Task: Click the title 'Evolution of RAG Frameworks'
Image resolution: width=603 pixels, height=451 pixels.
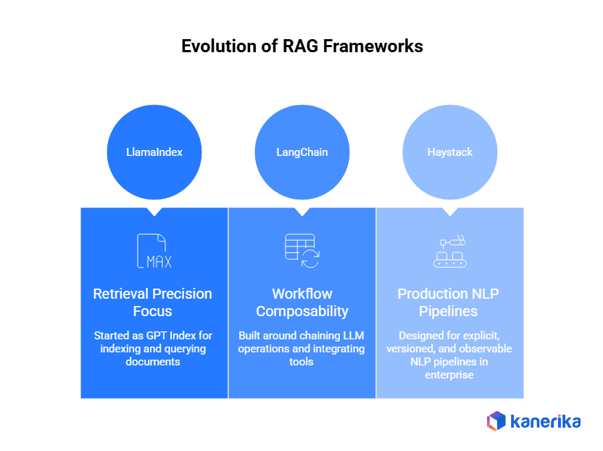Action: (x=301, y=46)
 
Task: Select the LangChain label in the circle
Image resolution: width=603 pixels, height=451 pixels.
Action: (x=301, y=152)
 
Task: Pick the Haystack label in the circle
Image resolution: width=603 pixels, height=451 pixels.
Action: (x=449, y=152)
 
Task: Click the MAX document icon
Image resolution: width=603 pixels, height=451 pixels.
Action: (x=153, y=252)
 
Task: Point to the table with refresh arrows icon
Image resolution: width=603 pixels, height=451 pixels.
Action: (x=301, y=251)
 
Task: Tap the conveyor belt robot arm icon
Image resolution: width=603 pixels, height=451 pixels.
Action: (x=449, y=252)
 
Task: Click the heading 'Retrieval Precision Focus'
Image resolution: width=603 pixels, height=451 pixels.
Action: (x=153, y=302)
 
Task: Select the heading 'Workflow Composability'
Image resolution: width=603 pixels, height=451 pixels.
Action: (x=301, y=302)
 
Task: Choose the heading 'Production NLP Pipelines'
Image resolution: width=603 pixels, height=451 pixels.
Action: (x=449, y=302)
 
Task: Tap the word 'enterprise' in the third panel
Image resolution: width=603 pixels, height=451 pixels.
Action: (x=449, y=374)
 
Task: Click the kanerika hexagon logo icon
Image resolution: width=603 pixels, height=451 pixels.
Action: (x=496, y=421)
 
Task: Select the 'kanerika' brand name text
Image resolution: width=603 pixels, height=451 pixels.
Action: (x=545, y=421)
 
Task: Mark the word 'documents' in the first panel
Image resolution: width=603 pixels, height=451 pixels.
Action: (x=153, y=361)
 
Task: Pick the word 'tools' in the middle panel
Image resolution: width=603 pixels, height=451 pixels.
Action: (x=301, y=361)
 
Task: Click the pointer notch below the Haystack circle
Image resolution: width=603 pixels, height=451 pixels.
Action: (x=449, y=212)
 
